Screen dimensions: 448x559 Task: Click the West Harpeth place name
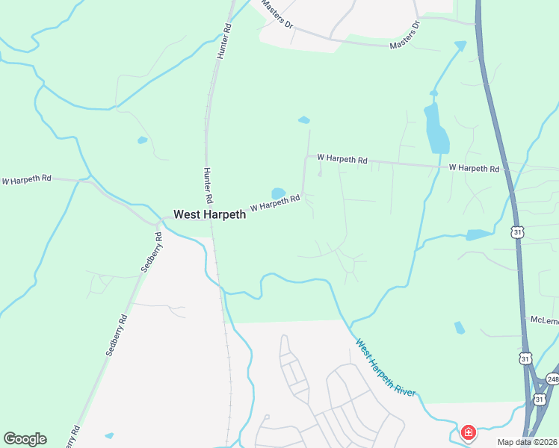pyautogui.click(x=209, y=214)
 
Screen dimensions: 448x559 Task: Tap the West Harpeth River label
pyautogui.click(x=385, y=368)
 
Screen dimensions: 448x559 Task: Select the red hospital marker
pyautogui.click(x=469, y=432)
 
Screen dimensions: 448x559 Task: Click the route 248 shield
pyautogui.click(x=552, y=379)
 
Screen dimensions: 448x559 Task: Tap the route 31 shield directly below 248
pyautogui.click(x=540, y=399)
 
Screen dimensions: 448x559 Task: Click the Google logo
pyautogui.click(x=25, y=439)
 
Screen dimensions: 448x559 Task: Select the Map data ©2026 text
pyautogui.click(x=528, y=442)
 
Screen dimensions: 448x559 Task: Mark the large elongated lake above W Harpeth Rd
pyautogui.click(x=436, y=128)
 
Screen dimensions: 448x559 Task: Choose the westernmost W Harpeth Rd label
pyautogui.click(x=26, y=179)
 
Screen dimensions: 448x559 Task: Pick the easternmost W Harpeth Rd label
pyautogui.click(x=474, y=169)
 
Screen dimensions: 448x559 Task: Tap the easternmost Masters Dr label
pyautogui.click(x=406, y=35)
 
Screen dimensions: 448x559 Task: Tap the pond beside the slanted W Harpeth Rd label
pyautogui.click(x=278, y=193)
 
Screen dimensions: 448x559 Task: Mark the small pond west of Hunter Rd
pyautogui.click(x=142, y=140)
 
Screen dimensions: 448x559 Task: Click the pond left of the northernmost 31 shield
pyautogui.click(x=478, y=234)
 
